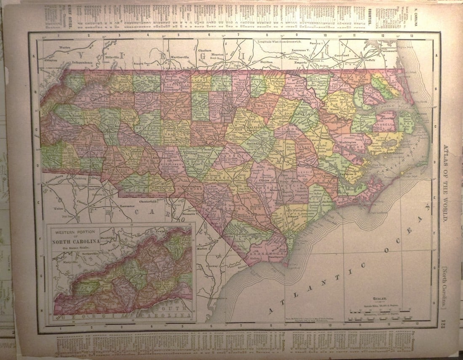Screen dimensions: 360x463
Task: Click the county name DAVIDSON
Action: (x=150, y=125)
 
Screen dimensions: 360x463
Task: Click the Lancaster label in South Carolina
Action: (x=128, y=206)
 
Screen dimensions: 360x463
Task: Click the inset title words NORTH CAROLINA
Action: (x=76, y=241)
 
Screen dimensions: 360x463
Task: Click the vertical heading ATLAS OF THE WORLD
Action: (x=447, y=183)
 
